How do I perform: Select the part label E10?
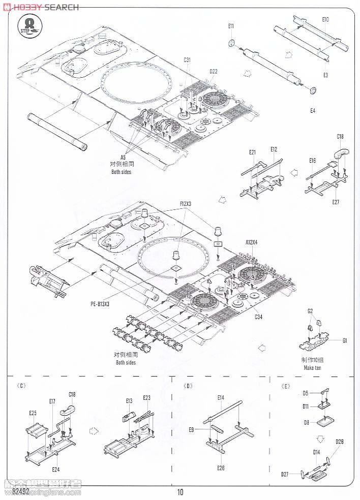coord(325,20)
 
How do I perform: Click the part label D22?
coord(213,71)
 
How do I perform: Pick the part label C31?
coord(187,60)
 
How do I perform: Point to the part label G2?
coord(310,311)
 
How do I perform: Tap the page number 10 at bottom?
coord(181,492)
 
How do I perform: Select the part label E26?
coord(220,467)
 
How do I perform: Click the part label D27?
coord(285,474)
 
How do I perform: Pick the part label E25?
coord(33,413)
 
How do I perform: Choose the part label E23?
coord(146,397)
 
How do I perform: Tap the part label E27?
coord(336,202)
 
